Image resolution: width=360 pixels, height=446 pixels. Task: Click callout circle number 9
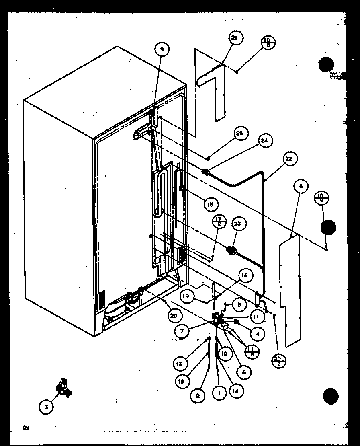[162, 50]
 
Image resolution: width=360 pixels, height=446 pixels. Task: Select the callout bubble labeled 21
[234, 39]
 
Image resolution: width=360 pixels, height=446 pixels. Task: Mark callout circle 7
[183, 331]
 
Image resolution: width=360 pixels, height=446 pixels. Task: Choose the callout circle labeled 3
[47, 407]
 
